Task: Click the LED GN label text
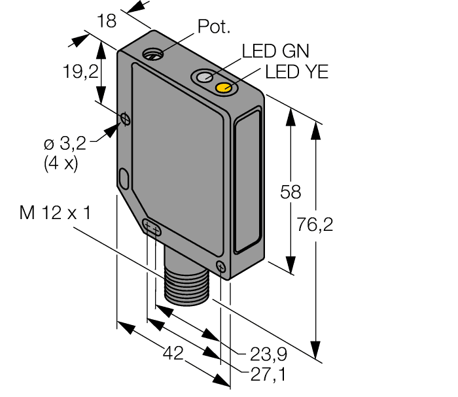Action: coord(275,52)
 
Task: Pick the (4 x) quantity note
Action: coord(61,163)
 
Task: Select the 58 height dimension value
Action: coord(291,192)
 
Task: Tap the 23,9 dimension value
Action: coord(268,354)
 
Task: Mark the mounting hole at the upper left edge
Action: coord(124,118)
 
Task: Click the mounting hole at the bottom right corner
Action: coord(220,265)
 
